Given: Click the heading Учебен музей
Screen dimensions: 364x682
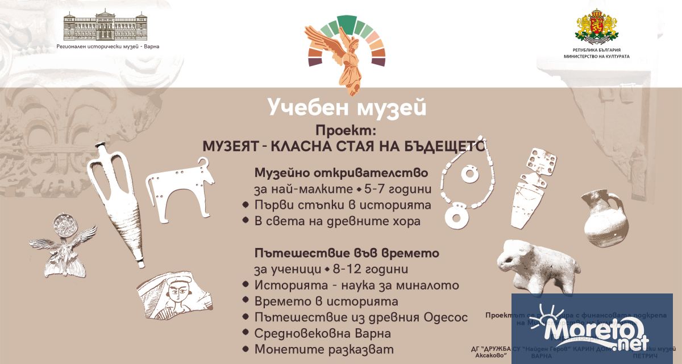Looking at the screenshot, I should point(347,106).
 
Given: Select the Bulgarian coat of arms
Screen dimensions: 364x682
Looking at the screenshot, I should point(596,26).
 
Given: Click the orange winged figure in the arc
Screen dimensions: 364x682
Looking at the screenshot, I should point(345,57).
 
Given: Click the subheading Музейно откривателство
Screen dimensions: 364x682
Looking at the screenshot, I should point(340,172).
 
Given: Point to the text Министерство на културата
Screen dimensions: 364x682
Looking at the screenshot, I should point(596,56).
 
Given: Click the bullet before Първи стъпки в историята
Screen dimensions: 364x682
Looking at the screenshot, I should point(246,205).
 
